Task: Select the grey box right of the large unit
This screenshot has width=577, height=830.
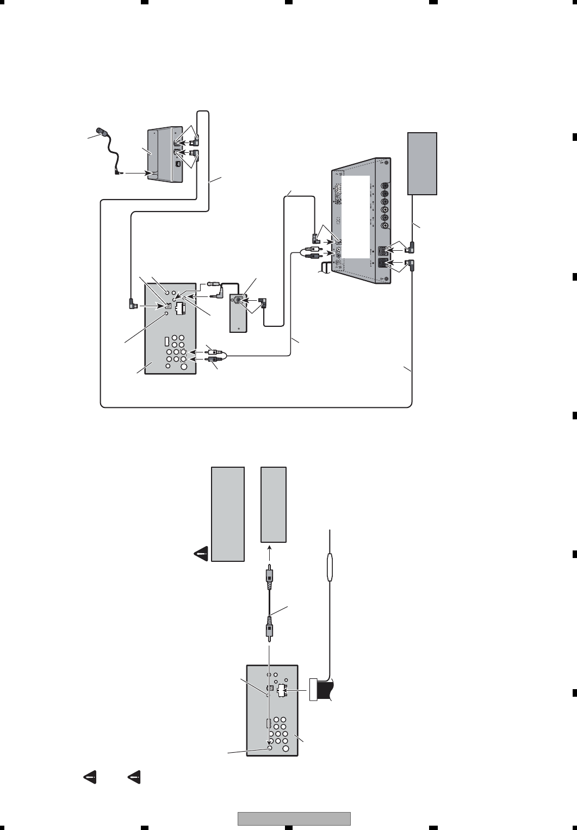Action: click(x=423, y=163)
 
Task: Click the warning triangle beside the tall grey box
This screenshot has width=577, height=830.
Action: click(x=201, y=554)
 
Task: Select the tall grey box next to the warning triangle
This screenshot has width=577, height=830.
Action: click(x=228, y=513)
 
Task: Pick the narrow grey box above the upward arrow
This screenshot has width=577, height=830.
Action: click(x=274, y=504)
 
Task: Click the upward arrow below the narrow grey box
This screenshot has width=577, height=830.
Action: click(x=268, y=550)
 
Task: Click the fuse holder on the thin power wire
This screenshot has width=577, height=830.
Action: click(x=329, y=568)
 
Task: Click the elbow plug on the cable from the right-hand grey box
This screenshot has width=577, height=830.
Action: click(x=412, y=248)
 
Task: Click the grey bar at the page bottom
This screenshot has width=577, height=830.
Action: click(x=294, y=819)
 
